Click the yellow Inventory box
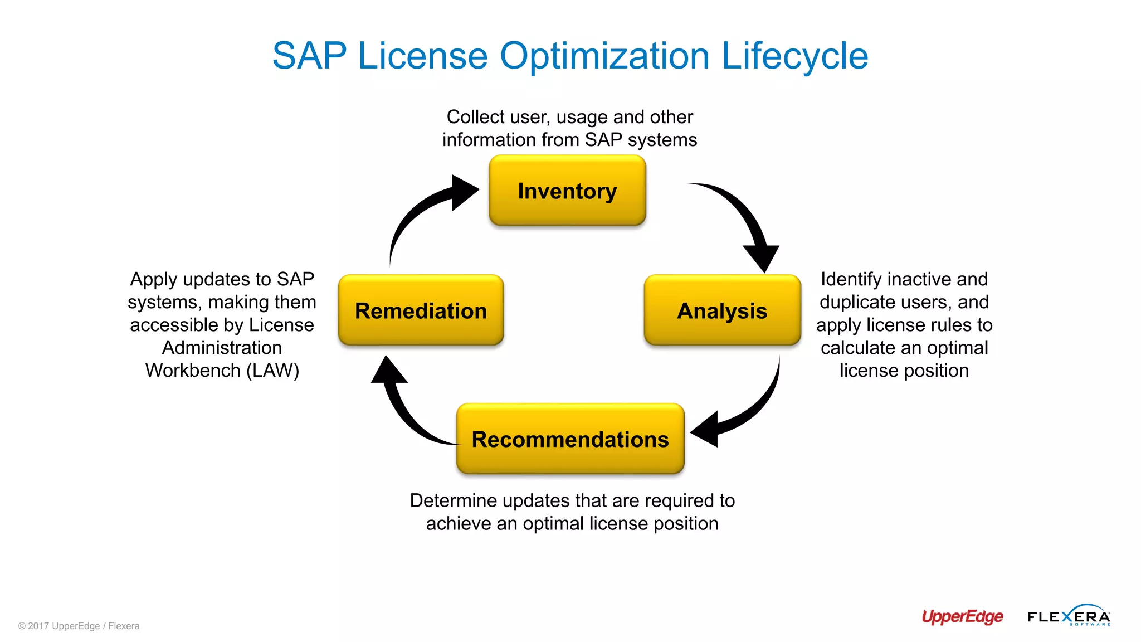[567, 191]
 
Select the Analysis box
[722, 310]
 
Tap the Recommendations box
[570, 439]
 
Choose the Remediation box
[421, 310]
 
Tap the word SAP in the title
[309, 56]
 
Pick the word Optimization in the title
[604, 56]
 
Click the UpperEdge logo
[962, 616]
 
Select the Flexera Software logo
[1069, 616]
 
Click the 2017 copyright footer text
[79, 626]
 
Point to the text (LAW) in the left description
[273, 371]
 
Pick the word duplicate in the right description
[857, 302]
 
